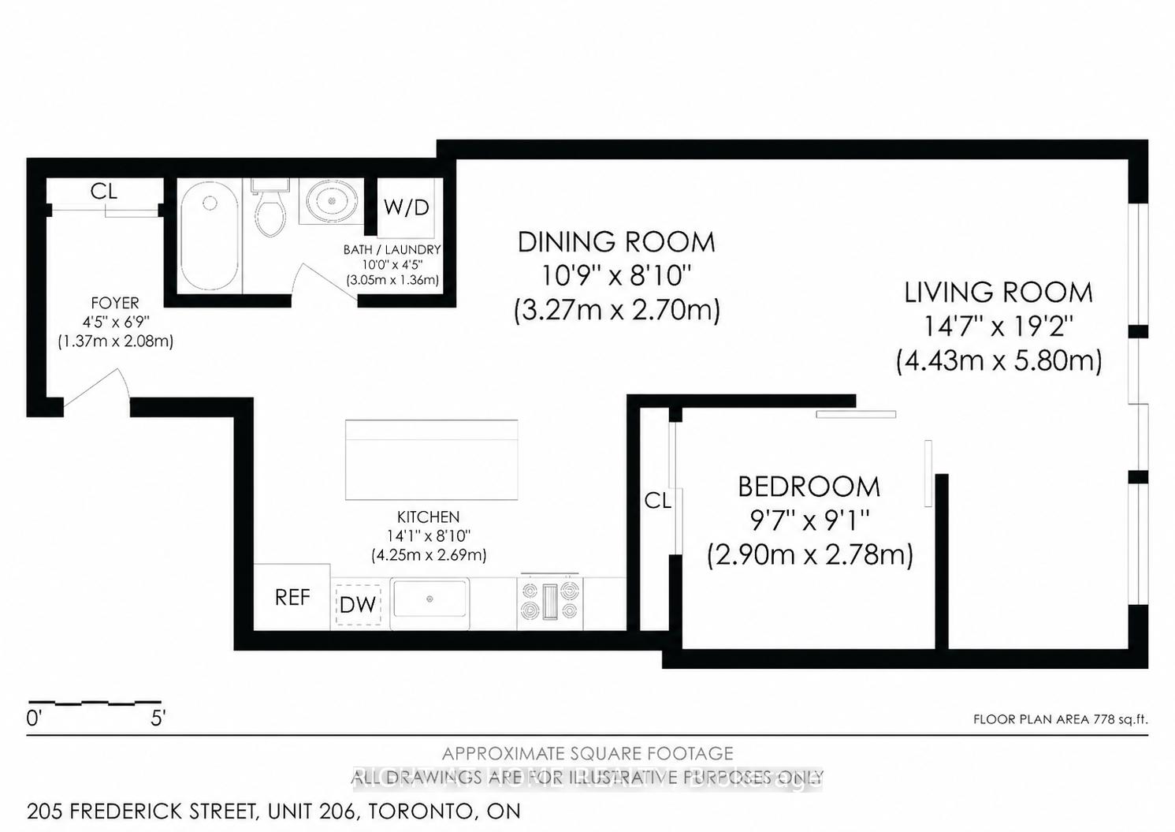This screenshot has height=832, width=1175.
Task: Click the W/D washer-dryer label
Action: pyautogui.click(x=407, y=207)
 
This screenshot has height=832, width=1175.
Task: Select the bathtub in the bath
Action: pyautogui.click(x=209, y=237)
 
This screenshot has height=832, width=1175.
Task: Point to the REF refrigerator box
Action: pyautogui.click(x=292, y=598)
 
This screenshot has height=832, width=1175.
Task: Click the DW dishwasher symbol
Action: pyautogui.click(x=359, y=605)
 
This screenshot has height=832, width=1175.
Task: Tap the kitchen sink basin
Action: pyautogui.click(x=430, y=600)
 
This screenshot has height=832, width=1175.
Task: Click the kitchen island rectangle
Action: pyautogui.click(x=431, y=460)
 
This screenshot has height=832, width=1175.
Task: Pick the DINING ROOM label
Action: pyautogui.click(x=616, y=242)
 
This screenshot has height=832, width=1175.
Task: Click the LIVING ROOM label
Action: pyautogui.click(x=998, y=293)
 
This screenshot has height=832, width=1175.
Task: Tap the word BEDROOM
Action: pyautogui.click(x=809, y=487)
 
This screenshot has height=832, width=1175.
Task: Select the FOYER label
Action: pyautogui.click(x=115, y=303)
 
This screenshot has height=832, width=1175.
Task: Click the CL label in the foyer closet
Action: pyautogui.click(x=104, y=191)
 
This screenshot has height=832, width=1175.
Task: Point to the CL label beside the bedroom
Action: pyautogui.click(x=657, y=500)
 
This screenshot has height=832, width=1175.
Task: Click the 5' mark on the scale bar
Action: pyautogui.click(x=158, y=718)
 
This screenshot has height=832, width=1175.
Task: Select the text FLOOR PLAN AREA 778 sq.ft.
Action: pyautogui.click(x=1061, y=719)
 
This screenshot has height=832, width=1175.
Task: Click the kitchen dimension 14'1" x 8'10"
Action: pyautogui.click(x=429, y=536)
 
